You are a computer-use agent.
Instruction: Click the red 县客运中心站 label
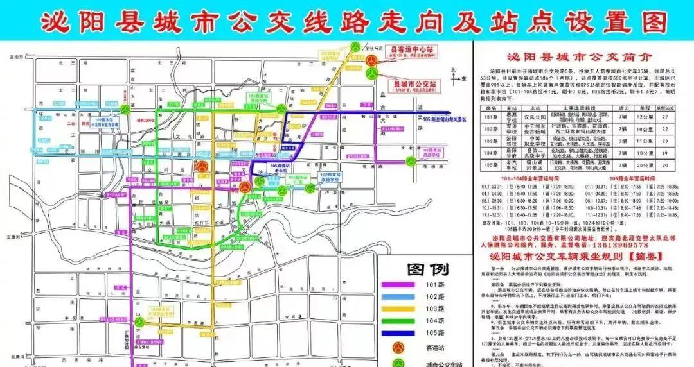coord(411,49)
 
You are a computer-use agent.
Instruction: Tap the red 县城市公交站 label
coord(414,83)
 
